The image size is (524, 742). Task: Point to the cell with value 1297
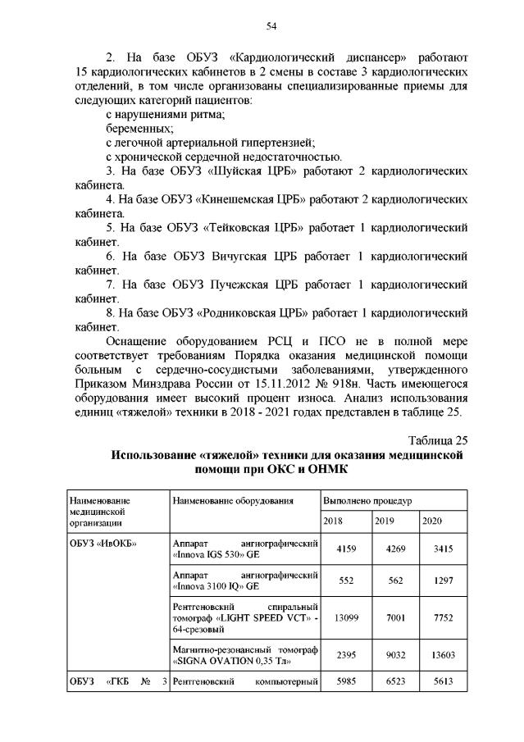tap(442, 581)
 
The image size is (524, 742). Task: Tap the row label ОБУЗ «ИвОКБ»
tap(103, 543)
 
